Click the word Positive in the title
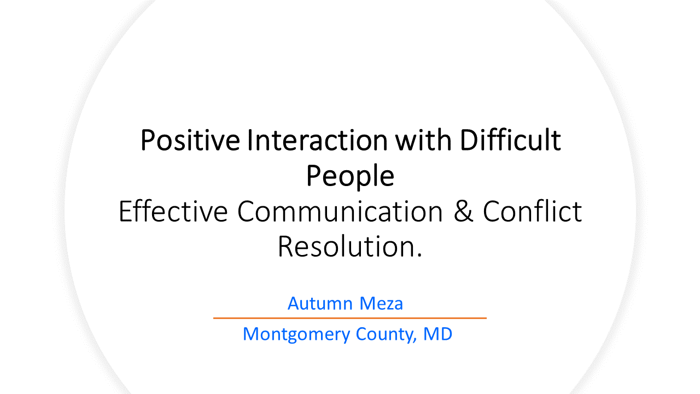coord(190,141)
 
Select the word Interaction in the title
coord(317,141)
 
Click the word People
coord(350,176)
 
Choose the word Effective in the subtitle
coord(173,211)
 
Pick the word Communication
coord(340,211)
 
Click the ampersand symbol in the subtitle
coord(463,211)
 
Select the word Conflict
coord(532,211)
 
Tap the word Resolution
coord(347,246)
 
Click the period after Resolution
coord(419,255)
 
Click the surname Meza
coord(381,303)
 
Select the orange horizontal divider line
coord(349,318)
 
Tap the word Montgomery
coord(296,334)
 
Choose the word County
coord(384,334)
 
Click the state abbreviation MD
coord(437,334)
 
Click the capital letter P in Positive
coord(147,141)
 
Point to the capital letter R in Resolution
coord(285,247)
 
